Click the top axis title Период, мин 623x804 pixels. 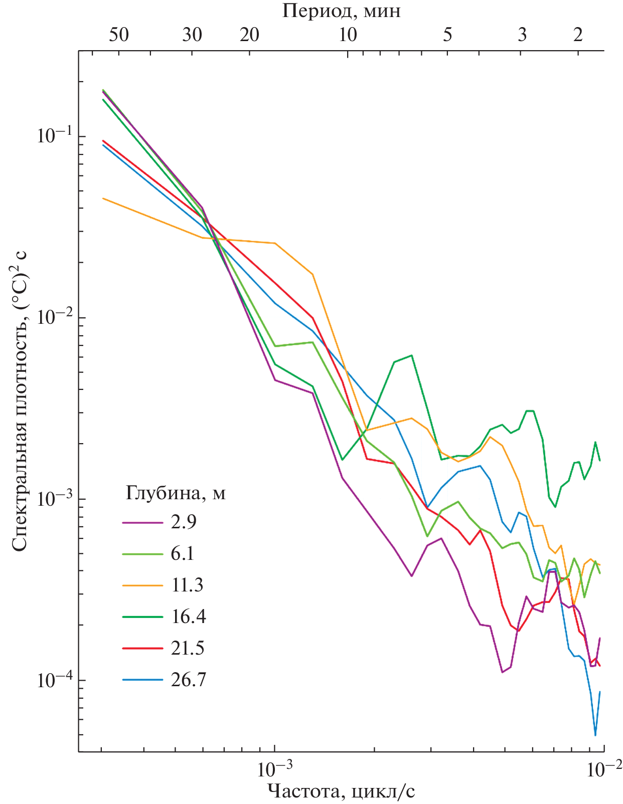(x=341, y=11)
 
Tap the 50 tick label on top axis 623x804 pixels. (x=119, y=35)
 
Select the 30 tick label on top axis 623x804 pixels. (x=192, y=35)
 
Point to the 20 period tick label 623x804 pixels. (x=249, y=35)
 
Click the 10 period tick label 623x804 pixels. (x=348, y=35)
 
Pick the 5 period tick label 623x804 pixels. (x=447, y=35)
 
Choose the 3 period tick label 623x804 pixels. (x=523, y=35)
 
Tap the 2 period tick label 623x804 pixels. (x=578, y=35)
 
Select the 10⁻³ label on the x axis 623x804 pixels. (x=274, y=768)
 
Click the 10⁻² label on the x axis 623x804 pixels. (x=603, y=768)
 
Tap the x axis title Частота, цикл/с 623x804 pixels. (x=341, y=791)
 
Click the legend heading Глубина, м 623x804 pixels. (x=175, y=494)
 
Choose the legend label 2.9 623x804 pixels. (x=184, y=522)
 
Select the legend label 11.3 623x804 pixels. (x=187, y=585)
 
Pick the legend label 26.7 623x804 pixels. (x=188, y=680)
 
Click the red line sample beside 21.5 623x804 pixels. (x=142, y=648)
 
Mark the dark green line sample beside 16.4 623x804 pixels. (x=142, y=617)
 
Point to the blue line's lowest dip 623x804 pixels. (x=595, y=735)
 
